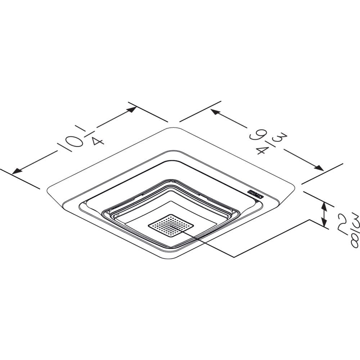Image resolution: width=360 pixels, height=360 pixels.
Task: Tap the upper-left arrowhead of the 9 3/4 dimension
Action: [x=215, y=112]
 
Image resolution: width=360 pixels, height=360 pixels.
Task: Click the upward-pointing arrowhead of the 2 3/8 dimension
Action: [x=324, y=206]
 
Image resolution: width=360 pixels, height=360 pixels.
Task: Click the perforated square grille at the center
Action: [x=171, y=226]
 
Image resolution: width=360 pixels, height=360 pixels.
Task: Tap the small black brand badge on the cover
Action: [x=256, y=194]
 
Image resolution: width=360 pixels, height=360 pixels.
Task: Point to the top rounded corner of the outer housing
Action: [x=173, y=128]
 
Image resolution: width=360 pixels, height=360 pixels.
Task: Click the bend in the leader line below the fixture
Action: [x=234, y=257]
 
